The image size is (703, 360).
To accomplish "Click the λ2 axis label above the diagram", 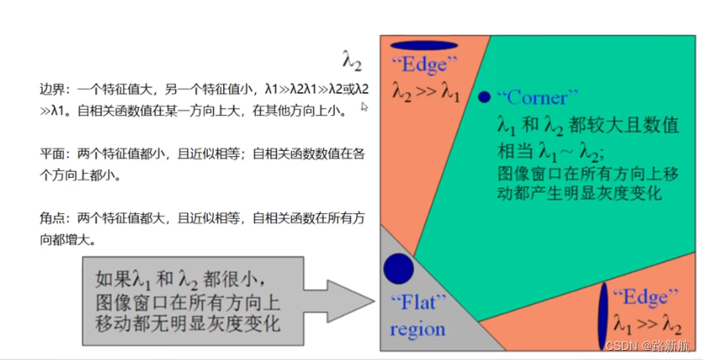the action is click(351, 59).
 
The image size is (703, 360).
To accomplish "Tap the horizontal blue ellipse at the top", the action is click(424, 45).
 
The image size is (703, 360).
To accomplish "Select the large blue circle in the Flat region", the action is click(398, 269).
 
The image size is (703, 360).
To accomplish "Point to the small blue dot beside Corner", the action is click(484, 97).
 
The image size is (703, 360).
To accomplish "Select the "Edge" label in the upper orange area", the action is click(426, 65).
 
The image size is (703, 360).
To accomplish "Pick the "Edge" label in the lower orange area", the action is click(641, 296).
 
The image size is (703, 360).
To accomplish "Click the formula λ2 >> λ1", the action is click(426, 93).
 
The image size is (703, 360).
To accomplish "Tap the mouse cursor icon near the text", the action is click(364, 107).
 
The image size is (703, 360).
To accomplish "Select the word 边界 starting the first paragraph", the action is click(51, 88).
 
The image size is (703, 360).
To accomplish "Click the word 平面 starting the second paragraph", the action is click(51, 154).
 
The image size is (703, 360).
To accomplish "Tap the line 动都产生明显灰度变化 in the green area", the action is click(579, 193).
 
